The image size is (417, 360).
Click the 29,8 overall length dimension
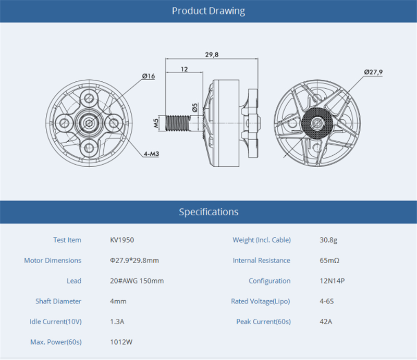(x=212, y=55)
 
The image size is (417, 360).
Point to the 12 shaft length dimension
(x=185, y=69)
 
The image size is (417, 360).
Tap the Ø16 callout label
(x=149, y=76)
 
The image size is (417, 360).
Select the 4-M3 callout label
(x=151, y=154)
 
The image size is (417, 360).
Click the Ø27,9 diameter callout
(x=373, y=72)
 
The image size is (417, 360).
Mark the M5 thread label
(x=156, y=123)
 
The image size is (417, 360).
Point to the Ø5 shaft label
(x=195, y=108)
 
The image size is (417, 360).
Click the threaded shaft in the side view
(x=177, y=123)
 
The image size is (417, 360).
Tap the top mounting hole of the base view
(x=89, y=98)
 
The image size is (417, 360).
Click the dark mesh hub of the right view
(x=317, y=123)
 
